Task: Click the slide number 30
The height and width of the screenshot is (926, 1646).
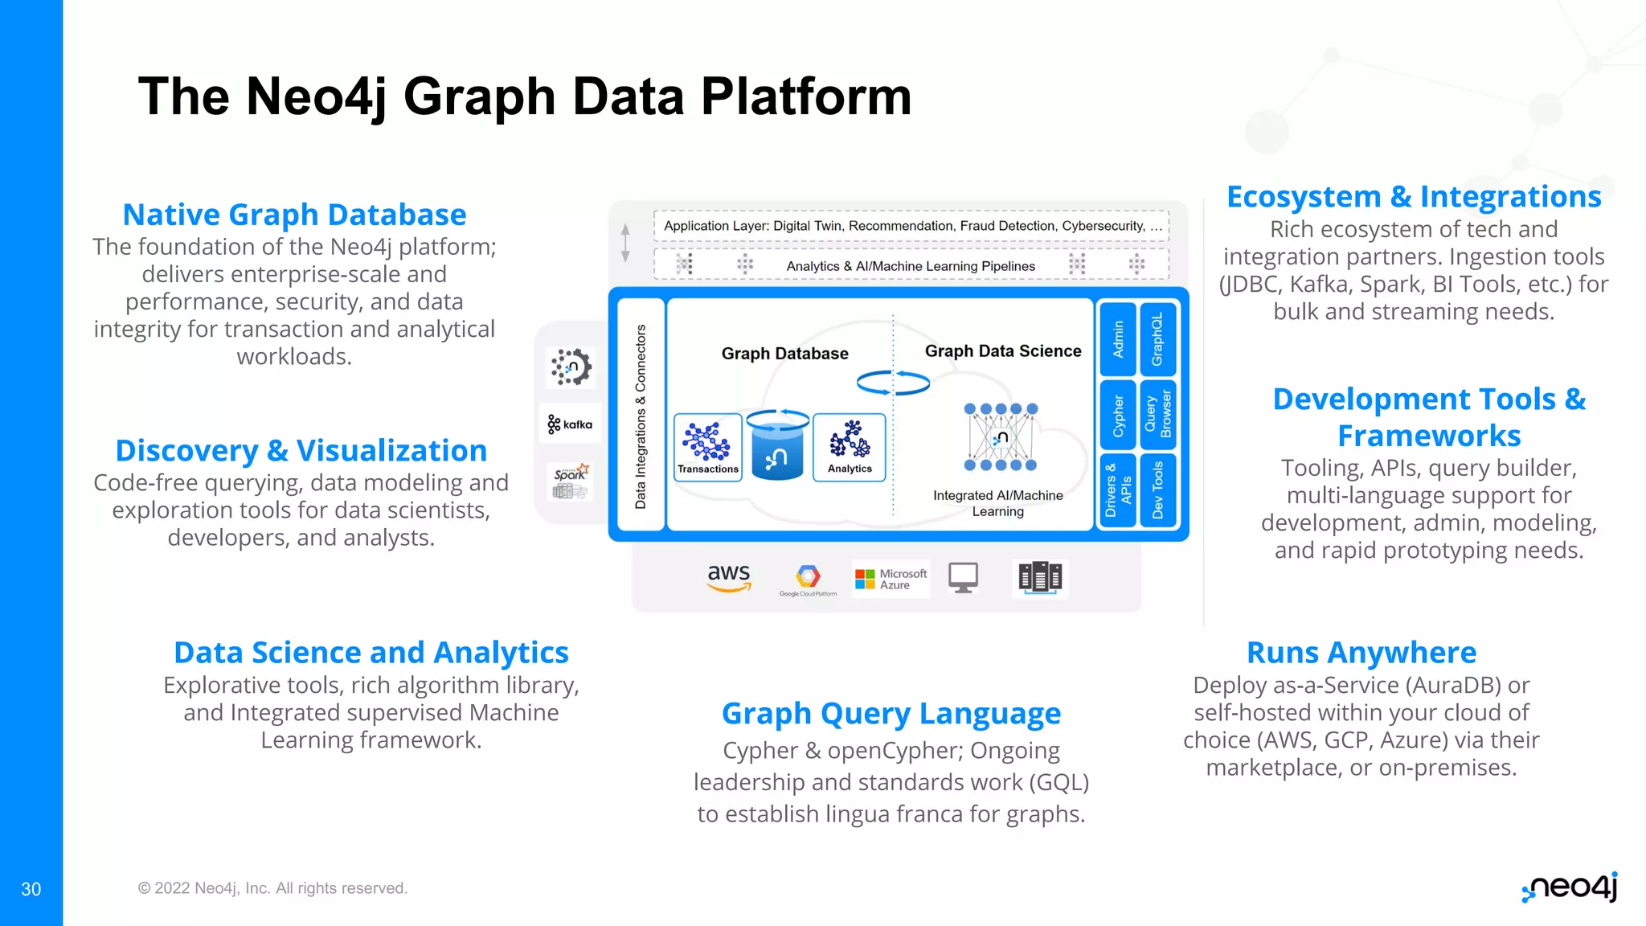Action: [x=31, y=889]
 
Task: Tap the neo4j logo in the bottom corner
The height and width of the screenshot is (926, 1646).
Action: [x=1570, y=887]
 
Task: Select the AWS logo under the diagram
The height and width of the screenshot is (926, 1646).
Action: [x=729, y=577]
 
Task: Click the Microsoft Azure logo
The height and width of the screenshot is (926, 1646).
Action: [x=891, y=579]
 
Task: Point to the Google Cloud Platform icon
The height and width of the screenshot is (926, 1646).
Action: [x=808, y=580]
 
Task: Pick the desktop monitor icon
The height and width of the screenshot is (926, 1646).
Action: [x=963, y=577]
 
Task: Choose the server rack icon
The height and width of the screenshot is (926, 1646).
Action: [x=1040, y=577]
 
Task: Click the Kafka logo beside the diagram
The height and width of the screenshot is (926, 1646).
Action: [x=570, y=424]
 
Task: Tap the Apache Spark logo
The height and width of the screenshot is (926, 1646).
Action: [x=571, y=481]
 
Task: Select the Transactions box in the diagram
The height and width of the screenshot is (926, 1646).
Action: [x=707, y=448]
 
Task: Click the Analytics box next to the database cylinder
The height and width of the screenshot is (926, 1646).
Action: [x=850, y=448]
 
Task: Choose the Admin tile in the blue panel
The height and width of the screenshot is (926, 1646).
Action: [x=1118, y=339]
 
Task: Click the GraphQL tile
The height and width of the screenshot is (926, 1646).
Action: [x=1157, y=339]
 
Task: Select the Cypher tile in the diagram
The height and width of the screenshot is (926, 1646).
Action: [x=1118, y=415]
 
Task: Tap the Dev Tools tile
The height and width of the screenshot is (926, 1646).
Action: [x=1157, y=490]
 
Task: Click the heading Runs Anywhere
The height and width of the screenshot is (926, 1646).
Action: [x=1361, y=653]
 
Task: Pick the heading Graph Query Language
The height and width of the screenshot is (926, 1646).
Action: [x=891, y=714]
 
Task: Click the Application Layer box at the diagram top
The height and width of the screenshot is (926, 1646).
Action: [x=911, y=226]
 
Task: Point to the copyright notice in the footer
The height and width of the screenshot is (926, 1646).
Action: [x=272, y=888]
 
